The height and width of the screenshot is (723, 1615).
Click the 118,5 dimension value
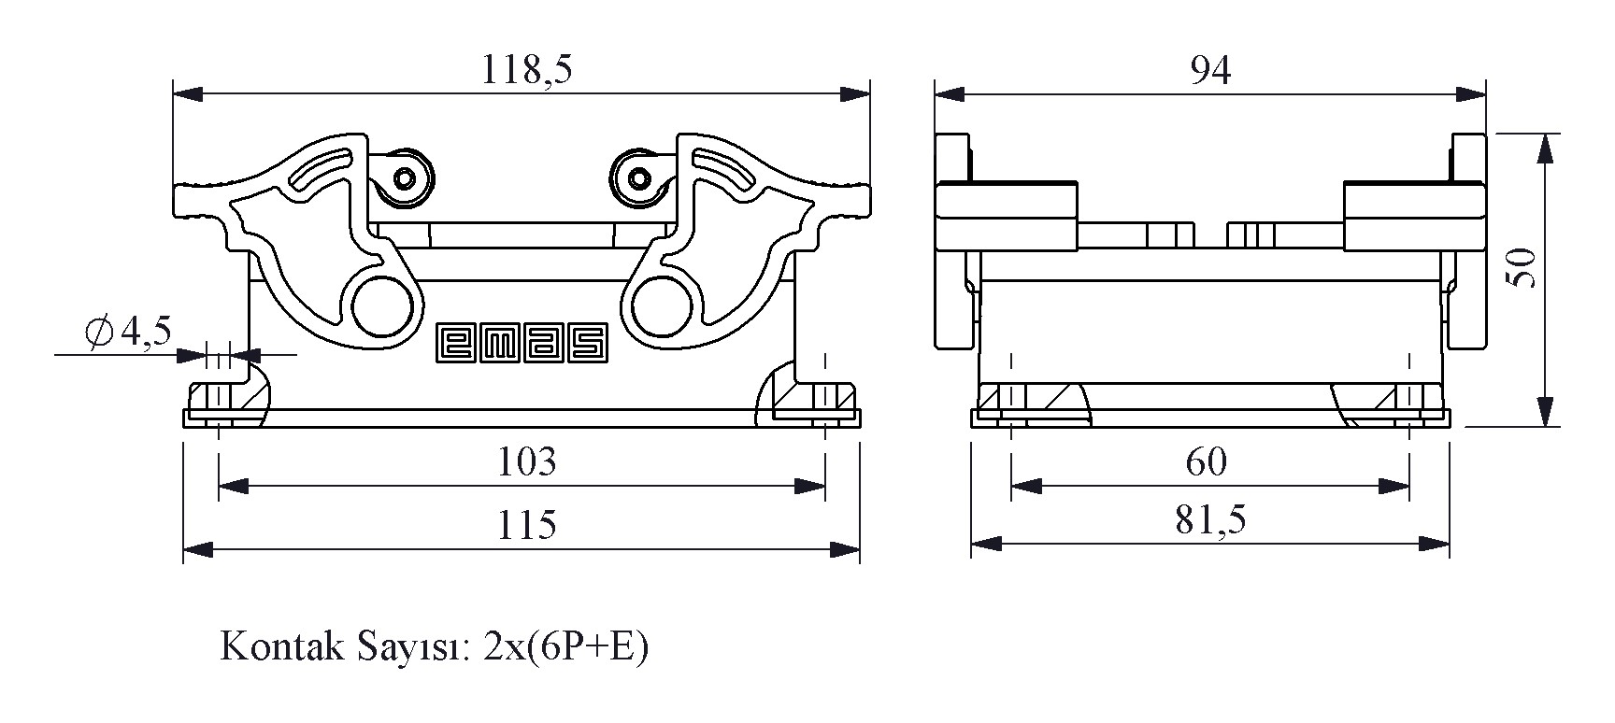click(x=526, y=69)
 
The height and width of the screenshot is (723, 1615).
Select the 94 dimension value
click(x=1210, y=69)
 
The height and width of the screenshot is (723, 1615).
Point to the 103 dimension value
click(x=526, y=461)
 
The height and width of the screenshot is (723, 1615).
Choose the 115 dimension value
click(x=526, y=524)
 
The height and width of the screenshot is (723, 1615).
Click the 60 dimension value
click(x=1207, y=461)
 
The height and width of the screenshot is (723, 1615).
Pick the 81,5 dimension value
click(x=1210, y=520)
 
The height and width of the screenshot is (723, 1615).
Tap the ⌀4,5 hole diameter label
click(x=128, y=332)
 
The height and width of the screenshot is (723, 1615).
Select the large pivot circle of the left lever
click(x=382, y=306)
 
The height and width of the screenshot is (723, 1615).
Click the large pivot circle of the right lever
click(x=663, y=306)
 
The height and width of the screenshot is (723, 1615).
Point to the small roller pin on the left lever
click(x=405, y=177)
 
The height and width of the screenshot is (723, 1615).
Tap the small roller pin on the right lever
click(x=639, y=177)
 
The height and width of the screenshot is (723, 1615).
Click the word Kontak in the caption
click(x=275, y=646)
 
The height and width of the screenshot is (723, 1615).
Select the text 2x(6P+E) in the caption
click(x=565, y=646)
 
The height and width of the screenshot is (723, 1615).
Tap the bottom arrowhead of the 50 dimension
click(x=1546, y=411)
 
